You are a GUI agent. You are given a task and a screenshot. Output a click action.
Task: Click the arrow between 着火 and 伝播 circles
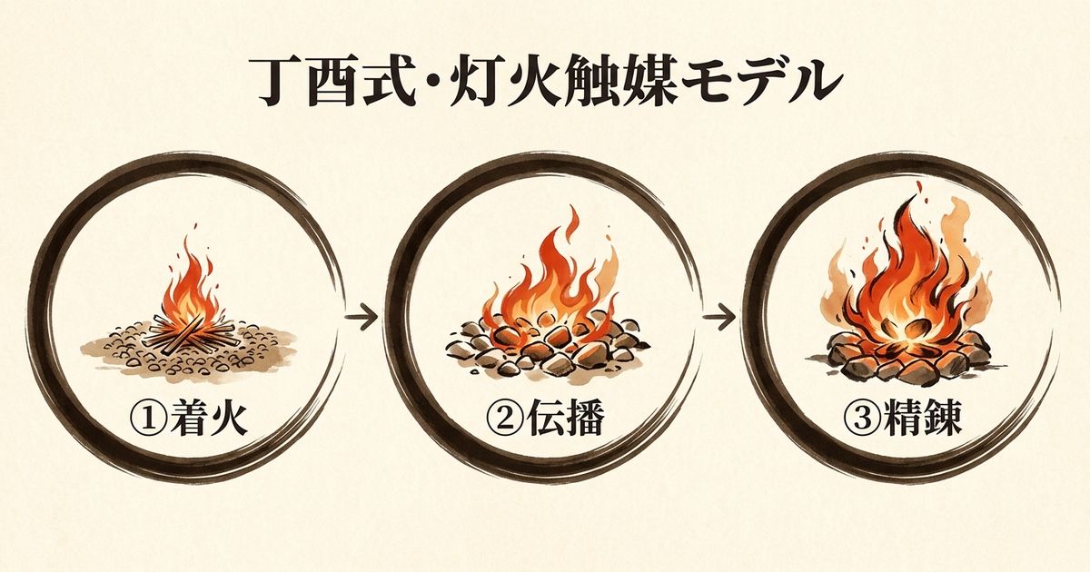362,319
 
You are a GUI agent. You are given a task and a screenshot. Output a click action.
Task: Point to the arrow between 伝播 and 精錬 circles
720,319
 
